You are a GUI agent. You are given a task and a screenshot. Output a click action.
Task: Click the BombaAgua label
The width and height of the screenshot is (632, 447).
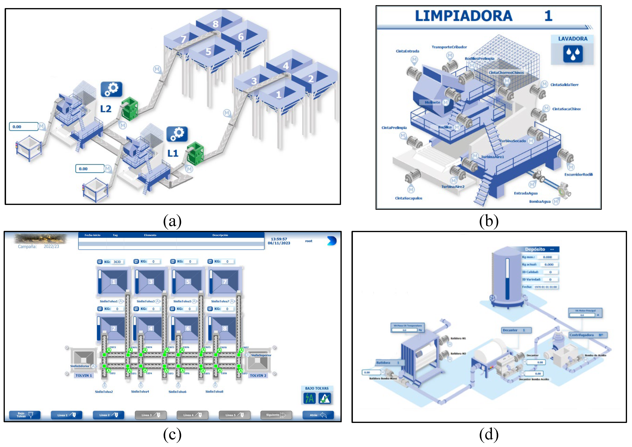[x=540, y=202]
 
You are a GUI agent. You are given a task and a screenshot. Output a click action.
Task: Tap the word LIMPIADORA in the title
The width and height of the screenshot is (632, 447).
[x=464, y=16]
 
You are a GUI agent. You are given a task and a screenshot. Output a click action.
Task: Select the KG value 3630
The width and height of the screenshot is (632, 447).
[x=117, y=262]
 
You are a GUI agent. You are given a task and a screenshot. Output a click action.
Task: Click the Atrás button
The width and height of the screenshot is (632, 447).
[x=318, y=415]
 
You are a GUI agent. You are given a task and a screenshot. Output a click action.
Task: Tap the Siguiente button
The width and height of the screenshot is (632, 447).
[x=276, y=415]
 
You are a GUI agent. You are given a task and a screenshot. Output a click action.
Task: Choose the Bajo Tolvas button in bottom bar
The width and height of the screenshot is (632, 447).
[x=25, y=415]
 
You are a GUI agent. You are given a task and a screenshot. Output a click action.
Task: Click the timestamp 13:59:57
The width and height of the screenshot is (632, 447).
[x=279, y=239]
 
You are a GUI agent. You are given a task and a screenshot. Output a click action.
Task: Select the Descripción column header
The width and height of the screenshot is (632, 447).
[x=220, y=235]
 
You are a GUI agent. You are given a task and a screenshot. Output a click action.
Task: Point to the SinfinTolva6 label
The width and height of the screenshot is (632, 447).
[x=177, y=392]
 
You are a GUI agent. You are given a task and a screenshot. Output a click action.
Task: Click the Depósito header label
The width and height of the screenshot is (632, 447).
[x=535, y=249]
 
